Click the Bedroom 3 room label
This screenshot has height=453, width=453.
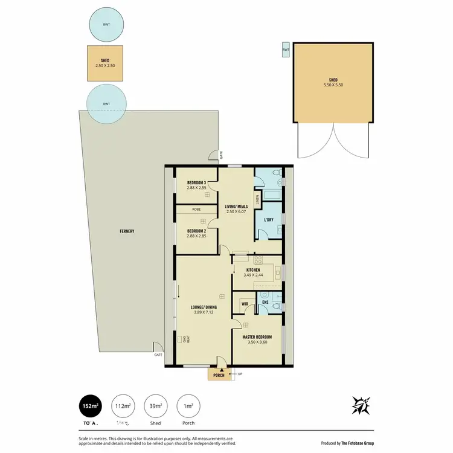point(196,182)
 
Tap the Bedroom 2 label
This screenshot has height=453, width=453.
point(196,231)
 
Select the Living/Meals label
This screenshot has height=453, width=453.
point(236,207)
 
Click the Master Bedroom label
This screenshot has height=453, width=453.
point(257,336)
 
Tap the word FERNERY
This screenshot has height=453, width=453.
point(126,231)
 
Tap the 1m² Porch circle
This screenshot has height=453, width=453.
point(188,406)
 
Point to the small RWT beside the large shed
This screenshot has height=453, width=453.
point(286,50)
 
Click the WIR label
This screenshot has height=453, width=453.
point(245,303)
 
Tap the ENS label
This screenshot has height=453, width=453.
point(265,301)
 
